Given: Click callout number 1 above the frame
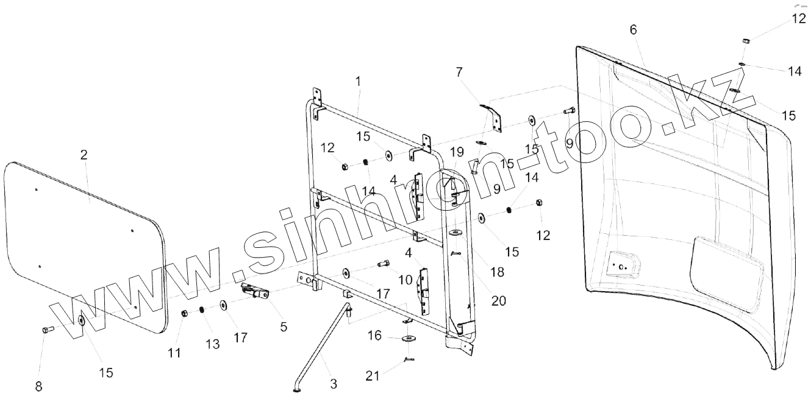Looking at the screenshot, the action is tap(359, 80).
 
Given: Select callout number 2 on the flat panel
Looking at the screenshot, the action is tap(84, 154).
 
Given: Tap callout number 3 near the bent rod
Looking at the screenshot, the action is tap(334, 384).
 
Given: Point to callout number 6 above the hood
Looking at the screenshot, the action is tap(633, 30).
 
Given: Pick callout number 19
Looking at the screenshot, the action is tap(457, 152).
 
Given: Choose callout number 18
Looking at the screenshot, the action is tap(497, 272).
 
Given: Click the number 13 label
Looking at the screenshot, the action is tap(212, 345).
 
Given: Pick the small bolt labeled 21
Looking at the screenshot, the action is tap(408, 359).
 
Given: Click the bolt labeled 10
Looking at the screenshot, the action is tap(384, 264).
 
